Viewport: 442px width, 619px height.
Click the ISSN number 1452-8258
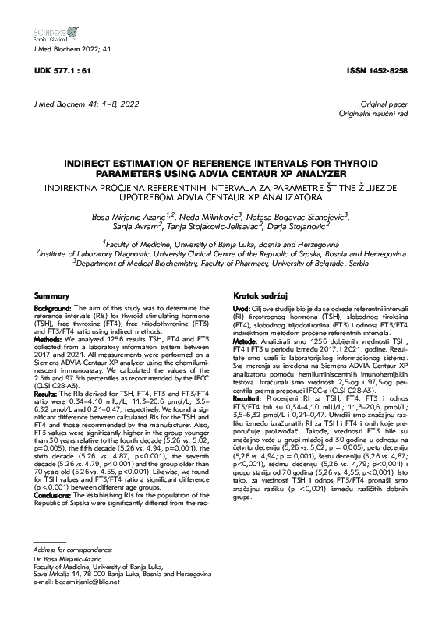point(379,71)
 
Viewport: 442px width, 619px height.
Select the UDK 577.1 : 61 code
point(58,71)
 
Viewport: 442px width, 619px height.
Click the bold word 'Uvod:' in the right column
point(241,309)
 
